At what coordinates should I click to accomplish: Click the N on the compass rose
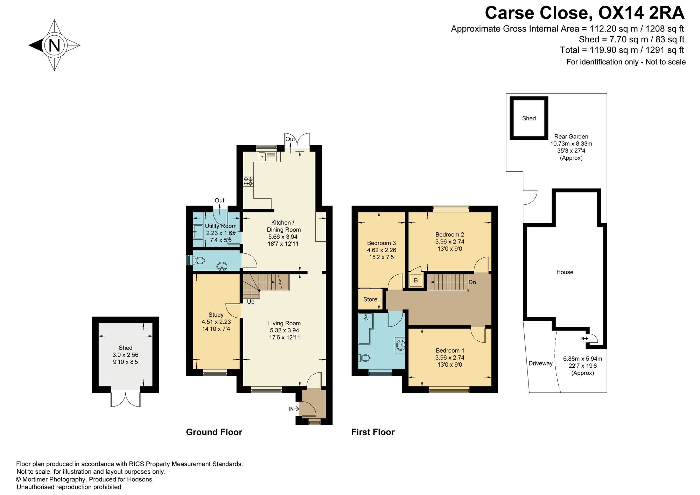point(55,45)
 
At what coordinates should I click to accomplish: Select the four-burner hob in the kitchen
point(248,181)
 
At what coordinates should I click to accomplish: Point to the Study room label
point(216,314)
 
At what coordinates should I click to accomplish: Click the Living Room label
point(284,323)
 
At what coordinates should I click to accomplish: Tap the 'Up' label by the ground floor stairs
point(251,302)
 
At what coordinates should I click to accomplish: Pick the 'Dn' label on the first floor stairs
point(472,282)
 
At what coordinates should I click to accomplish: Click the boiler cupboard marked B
point(416,280)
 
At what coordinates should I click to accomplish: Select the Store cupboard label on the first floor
point(370,299)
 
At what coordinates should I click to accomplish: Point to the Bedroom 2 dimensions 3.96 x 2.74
point(450,242)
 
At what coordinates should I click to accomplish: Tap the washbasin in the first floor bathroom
point(400,345)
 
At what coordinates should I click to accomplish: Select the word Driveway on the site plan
point(540,363)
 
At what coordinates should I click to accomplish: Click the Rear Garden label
point(571,136)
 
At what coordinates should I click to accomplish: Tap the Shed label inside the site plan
point(529,118)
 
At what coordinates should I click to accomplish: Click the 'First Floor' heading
point(373,432)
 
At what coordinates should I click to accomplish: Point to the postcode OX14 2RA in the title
point(641,13)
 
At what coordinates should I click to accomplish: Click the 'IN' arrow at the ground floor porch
point(294,409)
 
